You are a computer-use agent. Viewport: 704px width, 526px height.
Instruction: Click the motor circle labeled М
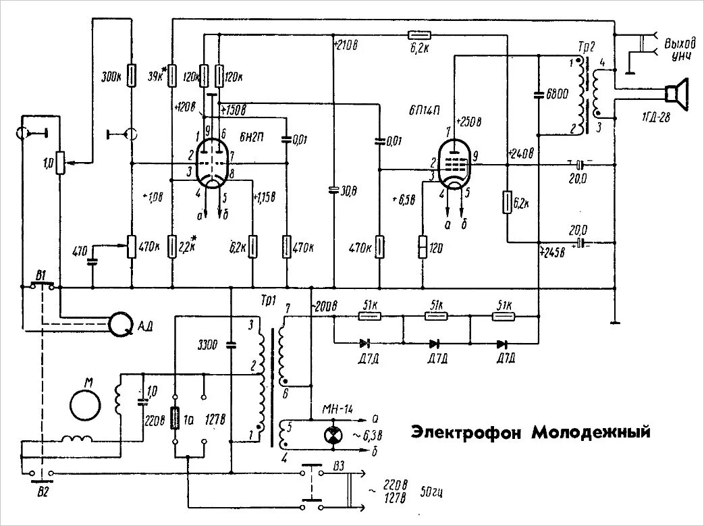[86, 404]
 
